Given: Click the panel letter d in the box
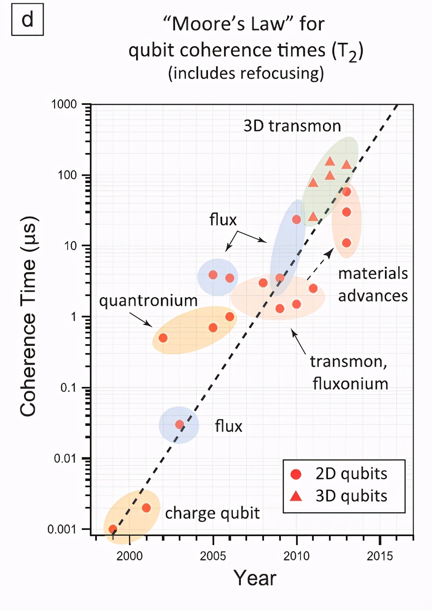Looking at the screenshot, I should (x=27, y=20).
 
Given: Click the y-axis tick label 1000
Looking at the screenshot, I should (x=64, y=104).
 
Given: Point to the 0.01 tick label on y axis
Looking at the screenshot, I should (x=65, y=458).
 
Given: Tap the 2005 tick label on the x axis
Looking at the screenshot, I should (x=213, y=556).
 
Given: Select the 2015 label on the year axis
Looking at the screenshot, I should (x=380, y=556).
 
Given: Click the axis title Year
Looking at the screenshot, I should (x=255, y=578).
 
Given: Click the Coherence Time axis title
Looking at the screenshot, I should (x=28, y=316).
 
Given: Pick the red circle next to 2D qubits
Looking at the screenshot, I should (x=296, y=474).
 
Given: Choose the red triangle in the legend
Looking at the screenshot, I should (x=296, y=496).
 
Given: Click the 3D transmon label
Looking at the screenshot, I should (x=292, y=126).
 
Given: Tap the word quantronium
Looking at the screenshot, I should (x=148, y=301).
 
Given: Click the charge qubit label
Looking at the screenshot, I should (x=212, y=513).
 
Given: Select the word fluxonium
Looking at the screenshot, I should (x=350, y=384).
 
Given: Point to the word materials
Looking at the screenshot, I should (x=373, y=273).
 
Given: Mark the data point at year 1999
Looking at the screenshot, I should (x=113, y=529).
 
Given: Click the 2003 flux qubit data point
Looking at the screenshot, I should (x=180, y=425).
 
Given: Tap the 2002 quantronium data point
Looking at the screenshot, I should (x=163, y=338).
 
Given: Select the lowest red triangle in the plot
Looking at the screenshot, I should (x=313, y=217).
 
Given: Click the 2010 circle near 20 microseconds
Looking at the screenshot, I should (x=296, y=219).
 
